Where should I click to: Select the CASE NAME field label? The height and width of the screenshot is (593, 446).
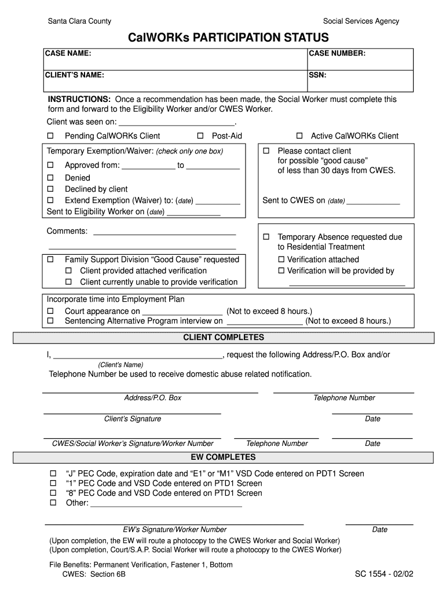tap(68, 54)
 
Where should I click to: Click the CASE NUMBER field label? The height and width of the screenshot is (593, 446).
tap(337, 54)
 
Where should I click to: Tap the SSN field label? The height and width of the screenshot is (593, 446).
tap(317, 75)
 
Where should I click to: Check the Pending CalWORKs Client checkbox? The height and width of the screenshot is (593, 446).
tap(50, 136)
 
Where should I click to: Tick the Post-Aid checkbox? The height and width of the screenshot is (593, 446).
tap(200, 136)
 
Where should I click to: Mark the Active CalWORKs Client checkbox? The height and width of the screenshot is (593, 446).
tap(299, 136)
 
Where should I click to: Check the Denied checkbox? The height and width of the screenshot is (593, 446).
tap(50, 178)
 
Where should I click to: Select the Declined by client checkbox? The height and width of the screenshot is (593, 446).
tap(50, 189)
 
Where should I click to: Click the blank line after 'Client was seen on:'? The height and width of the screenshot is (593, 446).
tap(177, 123)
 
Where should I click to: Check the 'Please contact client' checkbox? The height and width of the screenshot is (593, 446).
tap(266, 151)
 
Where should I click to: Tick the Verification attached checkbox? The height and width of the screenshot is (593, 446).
tap(282, 259)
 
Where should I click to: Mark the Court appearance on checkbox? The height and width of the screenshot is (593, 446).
tap(50, 311)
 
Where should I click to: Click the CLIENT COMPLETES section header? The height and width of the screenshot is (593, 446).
tap(224, 338)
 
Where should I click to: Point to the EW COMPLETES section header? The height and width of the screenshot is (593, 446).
tap(224, 457)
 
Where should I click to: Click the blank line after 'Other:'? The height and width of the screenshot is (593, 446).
tap(166, 504)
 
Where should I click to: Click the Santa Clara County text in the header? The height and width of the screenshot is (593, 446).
tap(79, 21)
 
